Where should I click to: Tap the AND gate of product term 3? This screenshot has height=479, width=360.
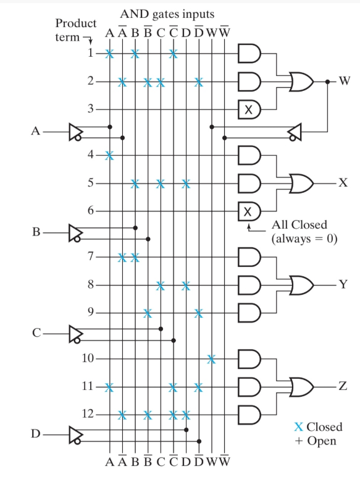(x=249, y=110)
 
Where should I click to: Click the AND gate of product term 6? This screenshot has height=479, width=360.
(x=249, y=211)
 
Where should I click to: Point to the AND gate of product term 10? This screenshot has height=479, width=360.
(x=249, y=358)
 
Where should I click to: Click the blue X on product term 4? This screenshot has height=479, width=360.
(x=110, y=155)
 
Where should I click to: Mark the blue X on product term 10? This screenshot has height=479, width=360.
(x=211, y=358)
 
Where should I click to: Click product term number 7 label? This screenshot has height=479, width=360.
(x=90, y=256)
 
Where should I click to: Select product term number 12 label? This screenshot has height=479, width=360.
(x=88, y=413)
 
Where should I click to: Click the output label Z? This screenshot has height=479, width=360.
(x=343, y=386)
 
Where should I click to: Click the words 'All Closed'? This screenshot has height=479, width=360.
(x=299, y=224)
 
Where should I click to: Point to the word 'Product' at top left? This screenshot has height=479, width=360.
(x=75, y=23)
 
